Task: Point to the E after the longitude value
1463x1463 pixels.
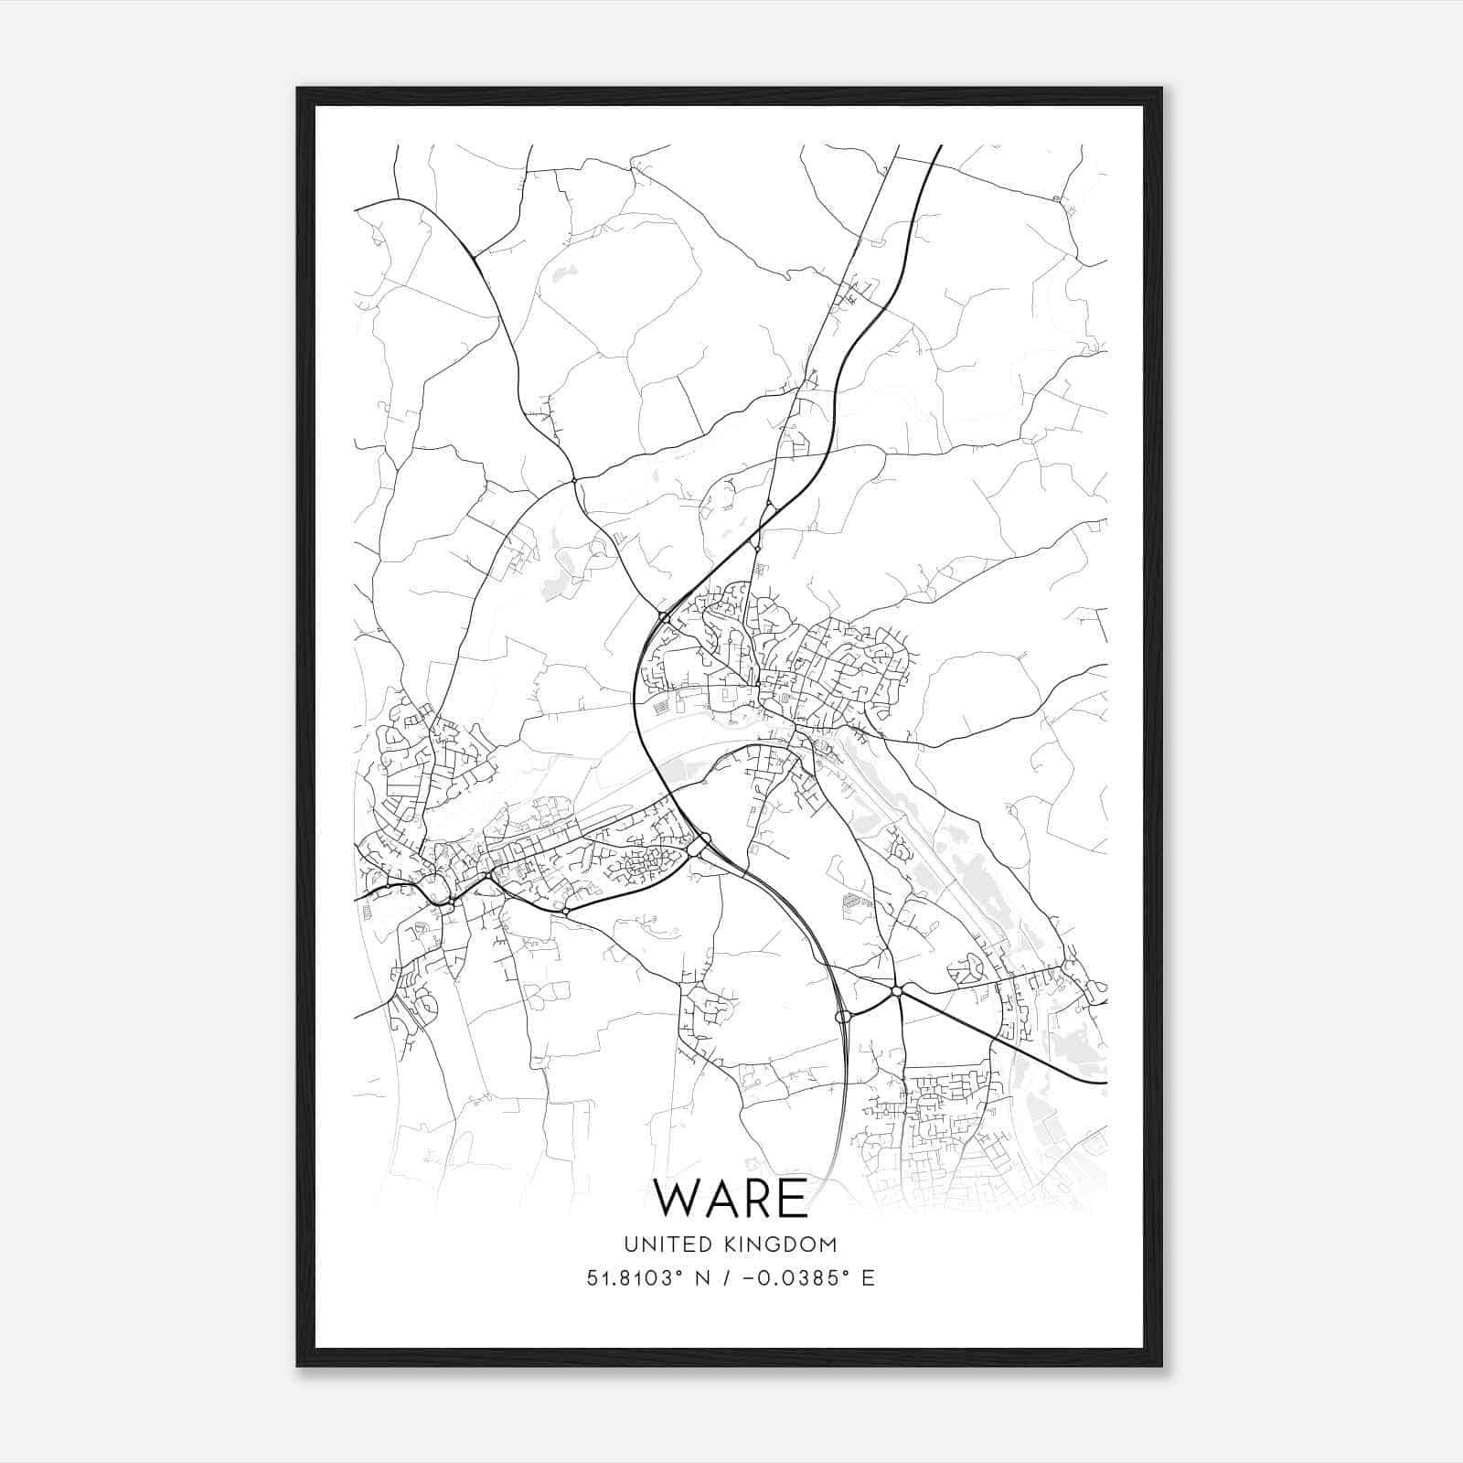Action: tap(868, 1278)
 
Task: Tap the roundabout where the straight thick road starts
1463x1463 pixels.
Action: tap(897, 991)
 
